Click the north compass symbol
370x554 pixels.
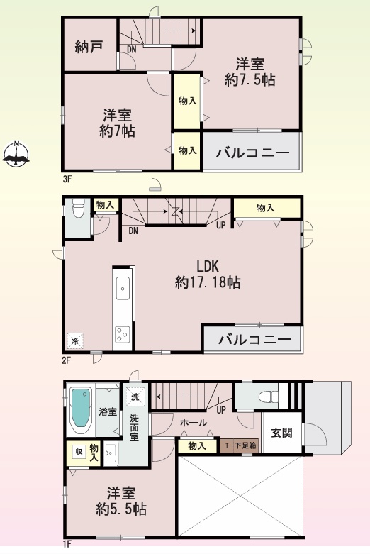pyautogui.click(x=16, y=155)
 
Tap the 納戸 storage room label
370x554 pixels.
pyautogui.click(x=89, y=47)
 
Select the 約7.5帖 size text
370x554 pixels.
pyautogui.click(x=250, y=80)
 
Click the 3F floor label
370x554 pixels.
pyautogui.click(x=67, y=179)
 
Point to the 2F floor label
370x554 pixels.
pyautogui.click(x=67, y=360)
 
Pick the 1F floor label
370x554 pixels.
pyautogui.click(x=67, y=544)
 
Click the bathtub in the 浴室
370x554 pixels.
pyautogui.click(x=81, y=411)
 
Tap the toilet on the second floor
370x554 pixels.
pyautogui.click(x=79, y=209)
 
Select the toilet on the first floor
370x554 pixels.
pyautogui.click(x=269, y=396)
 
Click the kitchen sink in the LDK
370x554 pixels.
pyautogui.click(x=123, y=289)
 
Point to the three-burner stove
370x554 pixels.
pyautogui.click(x=123, y=334)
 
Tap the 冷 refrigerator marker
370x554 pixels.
pyautogui.click(x=75, y=341)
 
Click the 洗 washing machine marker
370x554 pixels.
pyautogui.click(x=135, y=397)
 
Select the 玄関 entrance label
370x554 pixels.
pyautogui.click(x=281, y=433)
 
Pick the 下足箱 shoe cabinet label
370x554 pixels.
pyautogui.click(x=245, y=445)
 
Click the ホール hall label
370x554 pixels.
pyautogui.click(x=194, y=422)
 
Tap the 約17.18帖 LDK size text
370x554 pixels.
pyautogui.click(x=208, y=282)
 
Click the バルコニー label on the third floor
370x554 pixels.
pyautogui.click(x=253, y=153)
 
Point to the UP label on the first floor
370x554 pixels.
pyautogui.click(x=221, y=411)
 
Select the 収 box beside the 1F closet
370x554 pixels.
pyautogui.click(x=79, y=452)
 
